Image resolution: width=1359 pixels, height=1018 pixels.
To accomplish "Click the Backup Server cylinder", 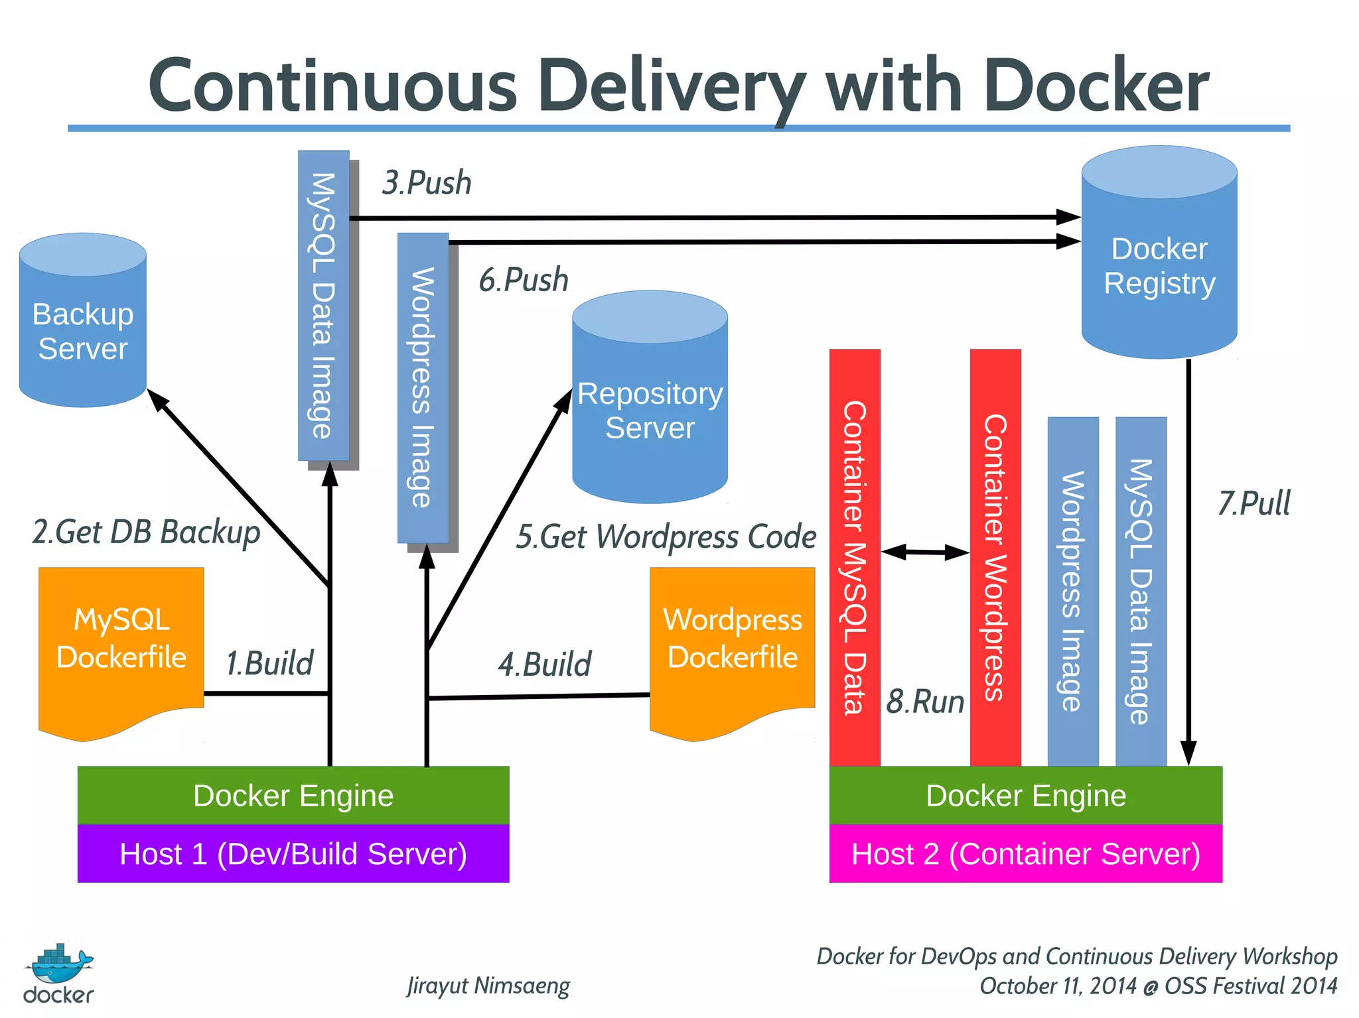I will tap(83, 325).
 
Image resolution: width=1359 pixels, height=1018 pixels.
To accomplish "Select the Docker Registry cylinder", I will tap(1159, 265).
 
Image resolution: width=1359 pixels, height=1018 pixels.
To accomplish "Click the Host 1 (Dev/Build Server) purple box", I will tap(293, 854).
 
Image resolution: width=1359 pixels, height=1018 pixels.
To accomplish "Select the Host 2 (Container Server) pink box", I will tap(1025, 854).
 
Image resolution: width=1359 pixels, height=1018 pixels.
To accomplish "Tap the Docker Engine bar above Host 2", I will tap(1025, 795).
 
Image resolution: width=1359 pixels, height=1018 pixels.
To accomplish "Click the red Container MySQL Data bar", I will tap(855, 557).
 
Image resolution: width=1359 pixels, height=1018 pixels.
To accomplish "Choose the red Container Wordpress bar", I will tap(995, 557).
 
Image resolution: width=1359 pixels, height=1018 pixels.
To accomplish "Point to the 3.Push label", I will tap(427, 183).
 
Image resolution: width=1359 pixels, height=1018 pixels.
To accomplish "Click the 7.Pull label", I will tap(1253, 503).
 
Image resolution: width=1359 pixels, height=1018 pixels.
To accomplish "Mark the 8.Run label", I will tap(925, 702).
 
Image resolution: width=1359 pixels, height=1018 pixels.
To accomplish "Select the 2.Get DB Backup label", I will tap(146, 533).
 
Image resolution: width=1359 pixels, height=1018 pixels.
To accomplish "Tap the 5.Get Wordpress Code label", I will tap(666, 537).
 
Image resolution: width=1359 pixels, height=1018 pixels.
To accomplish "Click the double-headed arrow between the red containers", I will tap(925, 552).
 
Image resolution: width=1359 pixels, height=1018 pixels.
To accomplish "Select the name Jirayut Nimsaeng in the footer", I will tap(488, 986).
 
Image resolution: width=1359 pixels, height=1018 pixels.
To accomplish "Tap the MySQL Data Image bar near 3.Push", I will tap(323, 305).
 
